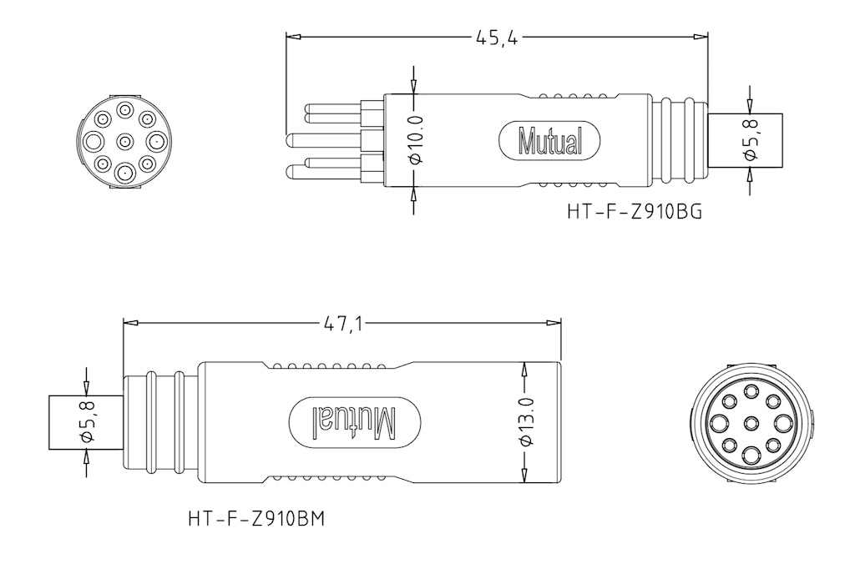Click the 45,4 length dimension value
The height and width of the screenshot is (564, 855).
tap(495, 38)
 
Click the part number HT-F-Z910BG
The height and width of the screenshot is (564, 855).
tap(634, 212)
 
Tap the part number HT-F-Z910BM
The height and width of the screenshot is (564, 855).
tap(256, 519)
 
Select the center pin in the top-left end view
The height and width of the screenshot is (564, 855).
tap(124, 139)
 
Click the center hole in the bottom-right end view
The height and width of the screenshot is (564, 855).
tap(750, 422)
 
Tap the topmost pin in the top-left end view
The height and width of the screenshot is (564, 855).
tap(124, 109)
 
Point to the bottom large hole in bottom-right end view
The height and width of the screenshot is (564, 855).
tap(750, 456)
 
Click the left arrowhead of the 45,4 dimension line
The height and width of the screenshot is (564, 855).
tap(291, 38)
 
